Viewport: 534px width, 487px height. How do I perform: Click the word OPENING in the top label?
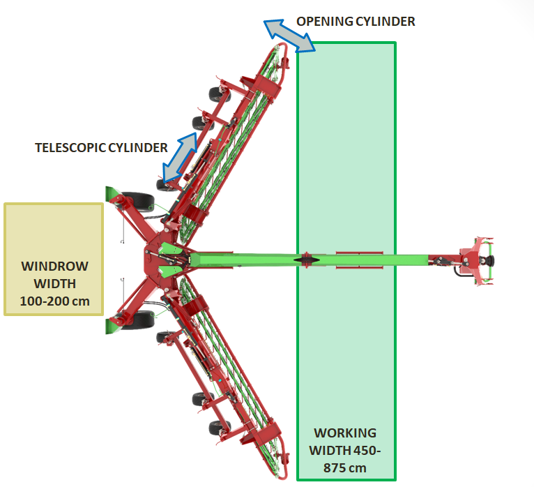[324, 22]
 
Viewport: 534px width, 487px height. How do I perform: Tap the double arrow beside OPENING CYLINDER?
[289, 36]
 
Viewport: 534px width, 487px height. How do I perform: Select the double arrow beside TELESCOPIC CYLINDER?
[180, 158]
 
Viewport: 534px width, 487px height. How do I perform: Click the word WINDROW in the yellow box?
[54, 266]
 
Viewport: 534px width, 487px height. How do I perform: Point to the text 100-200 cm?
[54, 301]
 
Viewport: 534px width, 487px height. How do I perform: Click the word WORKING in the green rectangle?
[345, 433]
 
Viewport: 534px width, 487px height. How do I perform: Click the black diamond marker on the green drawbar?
[307, 260]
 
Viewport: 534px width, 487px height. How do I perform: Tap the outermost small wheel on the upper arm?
[220, 94]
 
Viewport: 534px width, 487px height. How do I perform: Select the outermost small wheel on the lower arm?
[220, 428]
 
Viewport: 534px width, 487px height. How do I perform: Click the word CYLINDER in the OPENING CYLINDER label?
[386, 22]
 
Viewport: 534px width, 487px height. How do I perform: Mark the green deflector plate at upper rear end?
[112, 193]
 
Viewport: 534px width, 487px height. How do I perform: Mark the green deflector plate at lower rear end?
[112, 327]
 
